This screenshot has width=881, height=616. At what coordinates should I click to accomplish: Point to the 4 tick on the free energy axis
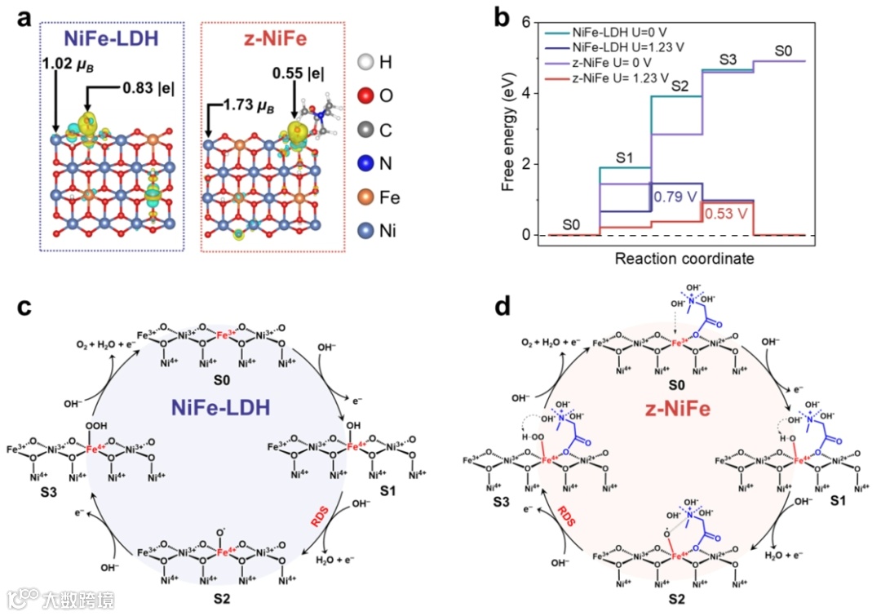point(528,93)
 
